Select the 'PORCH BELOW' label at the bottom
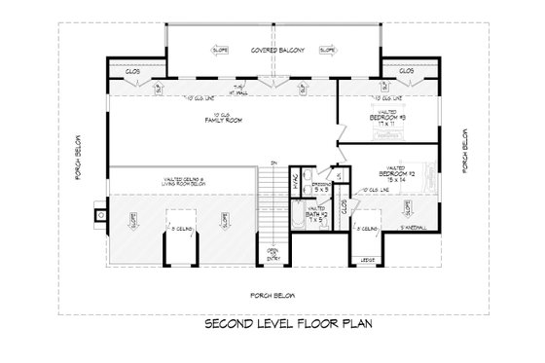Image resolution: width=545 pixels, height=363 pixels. pos(272,294)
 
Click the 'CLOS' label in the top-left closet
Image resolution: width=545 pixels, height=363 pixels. pos(133,71)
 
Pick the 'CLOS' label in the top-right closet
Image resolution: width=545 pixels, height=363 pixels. pos(407,71)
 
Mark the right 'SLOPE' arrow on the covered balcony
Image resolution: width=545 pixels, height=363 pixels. pos(328,49)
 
